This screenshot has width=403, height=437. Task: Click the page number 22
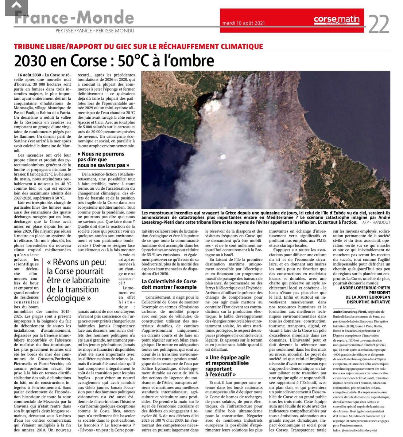point(379,24)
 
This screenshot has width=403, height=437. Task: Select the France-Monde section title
point(74,18)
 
